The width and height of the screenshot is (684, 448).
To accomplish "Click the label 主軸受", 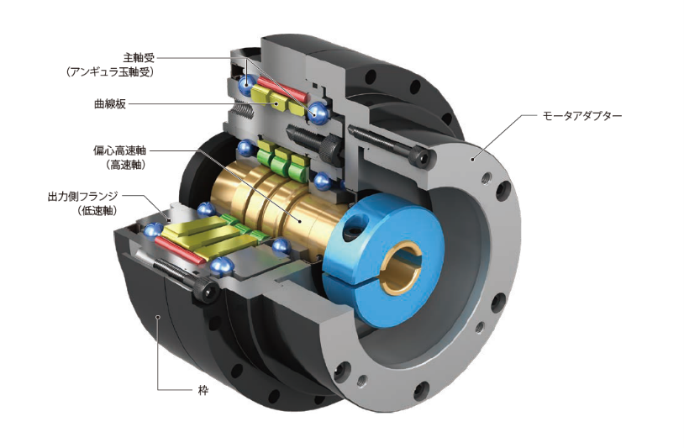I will (138, 58).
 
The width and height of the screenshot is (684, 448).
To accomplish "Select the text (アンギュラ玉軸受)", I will (111, 72).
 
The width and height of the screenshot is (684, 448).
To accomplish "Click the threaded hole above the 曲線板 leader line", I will (242, 110).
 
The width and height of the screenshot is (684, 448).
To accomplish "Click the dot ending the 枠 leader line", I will (157, 314).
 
